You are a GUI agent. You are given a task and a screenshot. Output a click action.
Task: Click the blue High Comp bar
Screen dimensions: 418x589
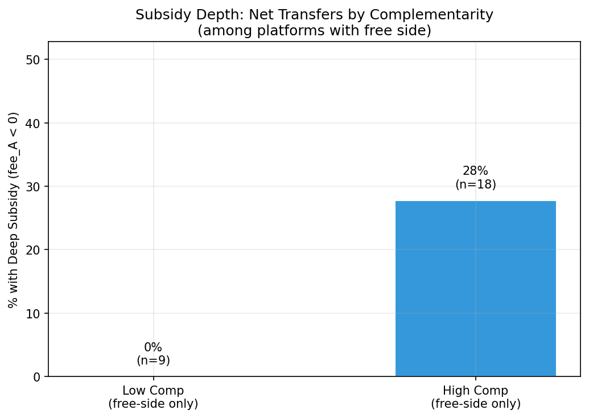click(x=475, y=288)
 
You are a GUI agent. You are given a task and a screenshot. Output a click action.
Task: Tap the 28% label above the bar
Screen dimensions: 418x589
click(x=475, y=171)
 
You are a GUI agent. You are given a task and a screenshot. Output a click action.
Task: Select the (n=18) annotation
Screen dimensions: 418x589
click(x=475, y=185)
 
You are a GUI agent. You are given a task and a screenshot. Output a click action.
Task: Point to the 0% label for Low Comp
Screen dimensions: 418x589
click(x=153, y=347)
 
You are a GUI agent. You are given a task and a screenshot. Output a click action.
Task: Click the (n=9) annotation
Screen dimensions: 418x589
click(x=153, y=360)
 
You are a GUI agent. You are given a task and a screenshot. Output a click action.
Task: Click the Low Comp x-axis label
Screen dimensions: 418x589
click(x=153, y=391)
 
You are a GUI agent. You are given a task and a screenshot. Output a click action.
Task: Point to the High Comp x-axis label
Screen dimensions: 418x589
click(x=475, y=391)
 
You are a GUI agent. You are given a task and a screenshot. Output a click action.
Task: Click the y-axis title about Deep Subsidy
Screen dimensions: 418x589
click(x=14, y=210)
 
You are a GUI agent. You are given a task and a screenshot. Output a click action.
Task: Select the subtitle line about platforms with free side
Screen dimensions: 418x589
click(x=314, y=30)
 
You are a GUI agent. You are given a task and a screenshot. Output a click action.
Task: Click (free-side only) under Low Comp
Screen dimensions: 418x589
click(x=153, y=404)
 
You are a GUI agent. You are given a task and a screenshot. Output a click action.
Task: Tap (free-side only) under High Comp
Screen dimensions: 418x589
click(x=475, y=404)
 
